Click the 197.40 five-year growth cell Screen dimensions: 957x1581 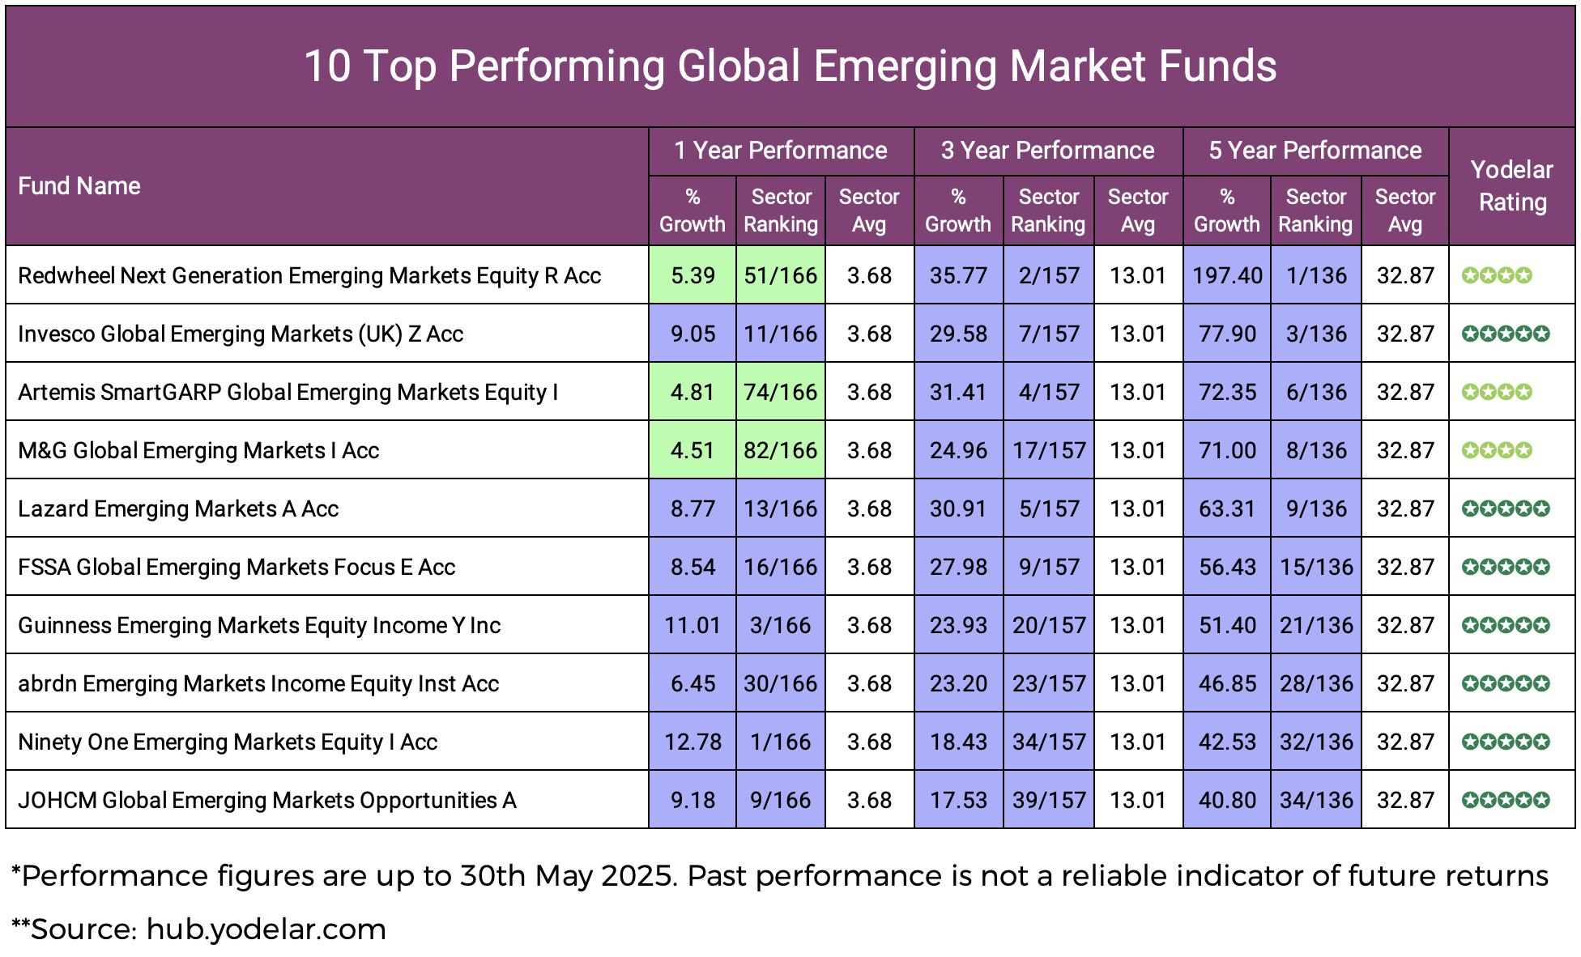[x=1226, y=275]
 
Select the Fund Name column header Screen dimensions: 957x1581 [x=79, y=186]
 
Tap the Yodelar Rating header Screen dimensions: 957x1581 [x=1511, y=186]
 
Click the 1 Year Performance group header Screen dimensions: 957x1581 [x=781, y=151]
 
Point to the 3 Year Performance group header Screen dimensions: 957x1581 [x=1047, y=151]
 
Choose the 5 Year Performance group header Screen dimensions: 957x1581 [x=1315, y=151]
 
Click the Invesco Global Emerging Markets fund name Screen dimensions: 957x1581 [x=241, y=334]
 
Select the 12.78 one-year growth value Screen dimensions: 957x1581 [x=692, y=742]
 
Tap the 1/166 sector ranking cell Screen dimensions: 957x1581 [x=780, y=742]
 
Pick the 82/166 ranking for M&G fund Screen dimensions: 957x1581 [x=780, y=450]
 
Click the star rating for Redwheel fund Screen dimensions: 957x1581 [x=1497, y=275]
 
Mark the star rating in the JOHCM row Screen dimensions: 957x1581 [x=1506, y=800]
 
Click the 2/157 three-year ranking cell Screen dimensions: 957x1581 [x=1048, y=275]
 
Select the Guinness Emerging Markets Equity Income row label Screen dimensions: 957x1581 [x=259, y=625]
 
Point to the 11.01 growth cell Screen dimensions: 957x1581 [x=692, y=625]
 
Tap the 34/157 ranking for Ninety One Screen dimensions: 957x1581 [x=1048, y=742]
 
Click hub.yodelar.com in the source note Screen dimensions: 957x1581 [x=266, y=929]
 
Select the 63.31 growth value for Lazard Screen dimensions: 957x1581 [x=1226, y=508]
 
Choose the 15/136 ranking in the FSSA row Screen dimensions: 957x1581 [x=1315, y=567]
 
